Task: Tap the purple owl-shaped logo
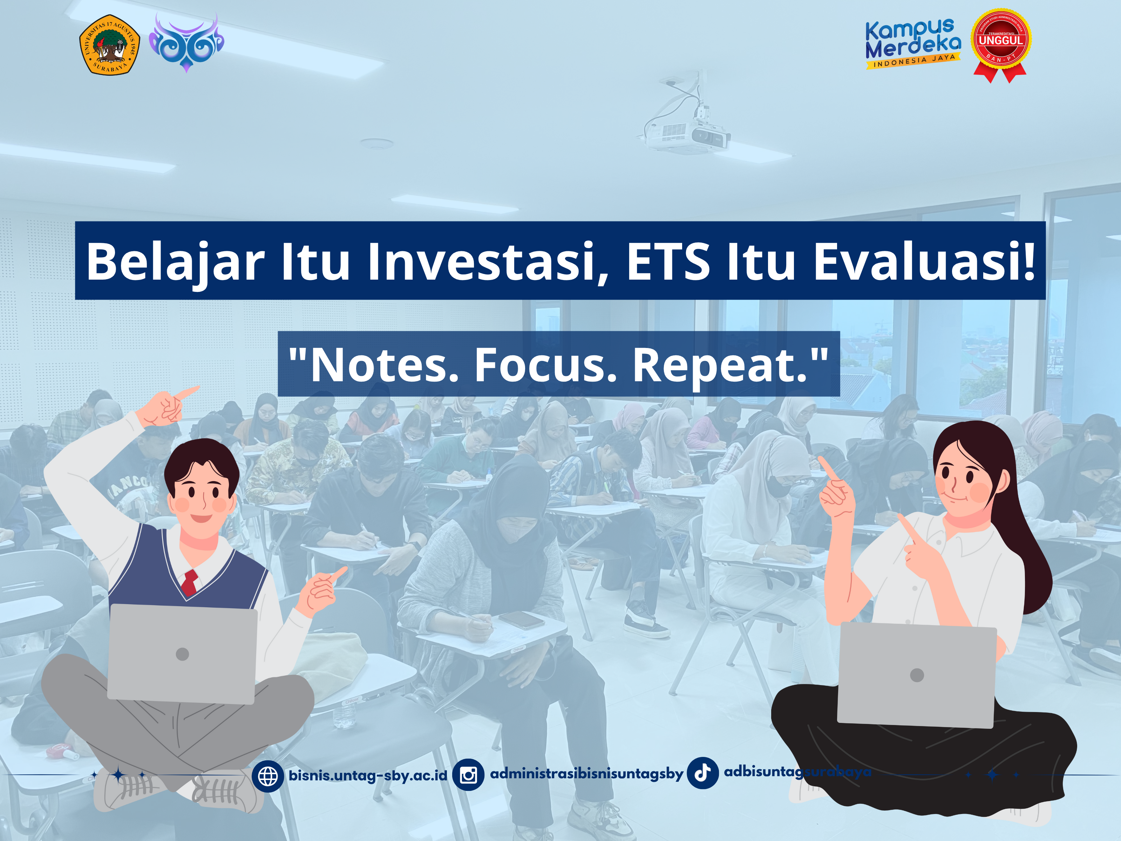coord(186,43)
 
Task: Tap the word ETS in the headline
coord(668,261)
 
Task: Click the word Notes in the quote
coord(385,365)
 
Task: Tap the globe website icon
coord(267,775)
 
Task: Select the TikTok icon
coord(702,773)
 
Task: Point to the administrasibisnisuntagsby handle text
coord(587,774)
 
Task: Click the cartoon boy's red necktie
coord(190,582)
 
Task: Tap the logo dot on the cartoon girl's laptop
coord(917,675)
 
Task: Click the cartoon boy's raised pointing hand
coord(167,408)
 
